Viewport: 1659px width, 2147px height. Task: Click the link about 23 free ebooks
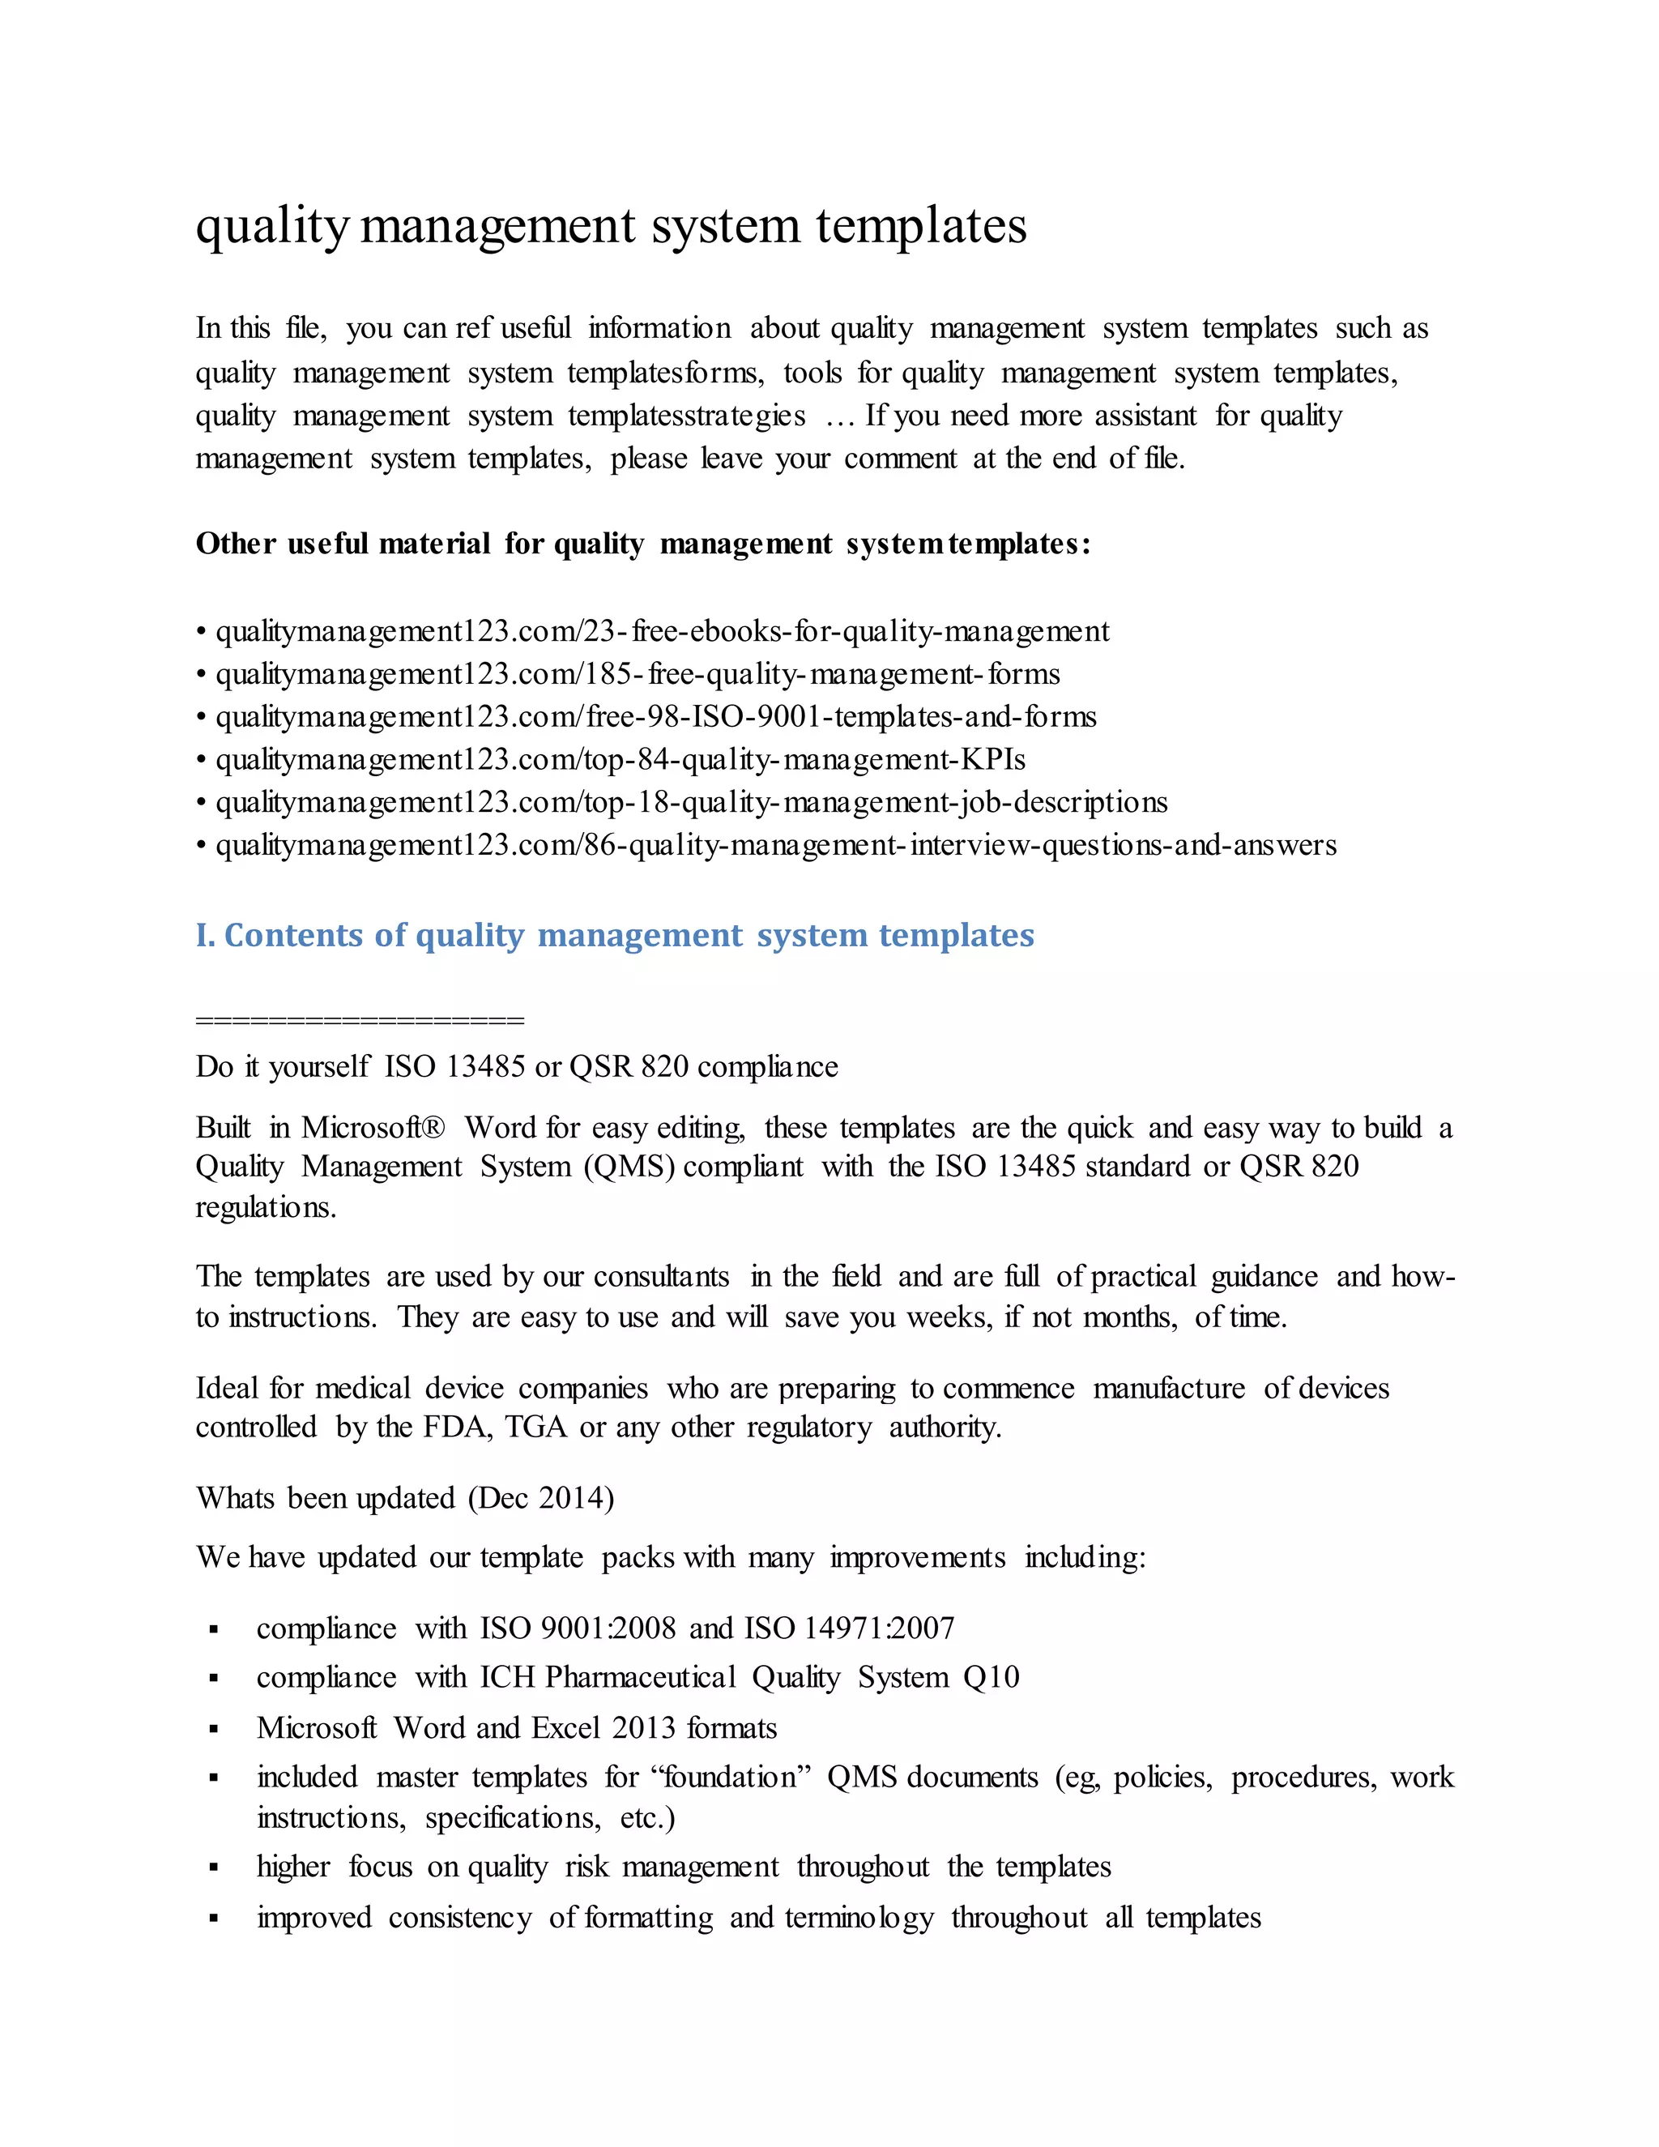point(662,631)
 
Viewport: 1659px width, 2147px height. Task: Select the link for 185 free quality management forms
point(637,674)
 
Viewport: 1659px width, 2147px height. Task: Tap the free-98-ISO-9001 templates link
point(655,717)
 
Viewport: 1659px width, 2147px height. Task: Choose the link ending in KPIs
point(621,760)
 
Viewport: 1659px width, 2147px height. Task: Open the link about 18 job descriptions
point(691,802)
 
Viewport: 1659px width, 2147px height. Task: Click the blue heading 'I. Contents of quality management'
point(614,935)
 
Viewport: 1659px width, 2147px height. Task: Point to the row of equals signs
point(360,1020)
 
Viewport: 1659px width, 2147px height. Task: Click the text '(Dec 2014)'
point(540,1498)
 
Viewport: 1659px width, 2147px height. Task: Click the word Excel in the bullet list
point(566,1728)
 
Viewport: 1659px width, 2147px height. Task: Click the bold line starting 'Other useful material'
point(642,544)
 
